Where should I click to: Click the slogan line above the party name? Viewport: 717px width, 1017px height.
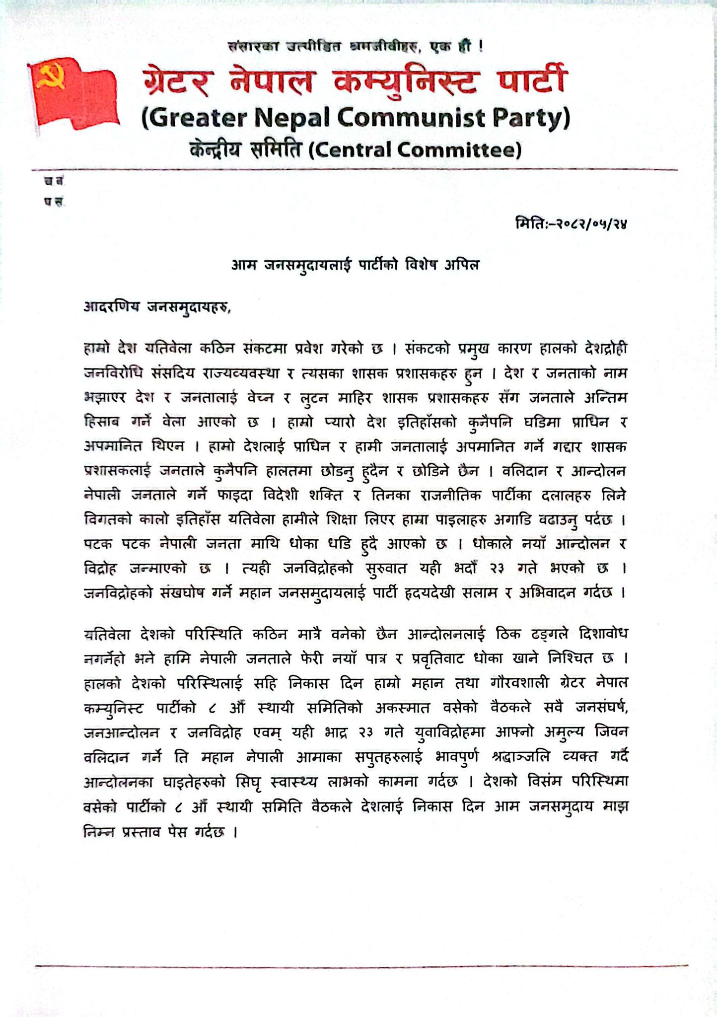click(355, 47)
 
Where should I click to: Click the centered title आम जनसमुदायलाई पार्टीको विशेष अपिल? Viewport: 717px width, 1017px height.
click(355, 265)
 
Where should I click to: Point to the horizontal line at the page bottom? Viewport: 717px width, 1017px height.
click(361, 966)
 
